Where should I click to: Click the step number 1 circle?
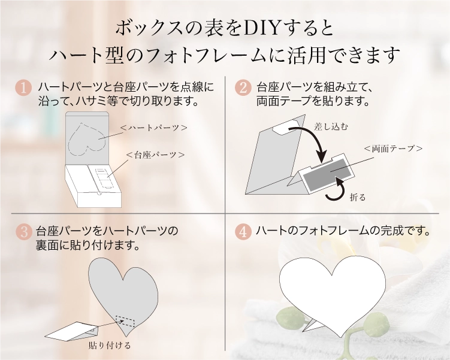[23, 87]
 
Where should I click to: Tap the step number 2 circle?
[243, 87]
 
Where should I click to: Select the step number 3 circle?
[24, 231]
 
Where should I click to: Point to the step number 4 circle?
[243, 231]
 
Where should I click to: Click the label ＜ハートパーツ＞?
[153, 128]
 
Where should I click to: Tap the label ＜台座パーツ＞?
[155, 155]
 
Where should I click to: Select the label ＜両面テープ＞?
[393, 149]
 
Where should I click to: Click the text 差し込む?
[331, 126]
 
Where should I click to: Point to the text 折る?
[358, 197]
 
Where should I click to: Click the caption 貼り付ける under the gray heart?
[110, 345]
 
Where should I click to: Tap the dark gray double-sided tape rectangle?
[328, 174]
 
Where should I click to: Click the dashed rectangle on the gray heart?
[125, 321]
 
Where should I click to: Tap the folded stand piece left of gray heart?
[72, 331]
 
